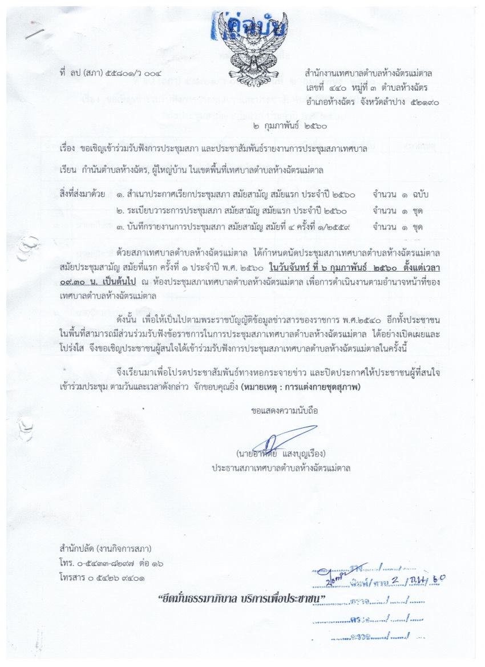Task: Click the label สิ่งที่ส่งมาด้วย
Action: click(82, 194)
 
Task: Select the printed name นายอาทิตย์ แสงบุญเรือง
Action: click(280, 455)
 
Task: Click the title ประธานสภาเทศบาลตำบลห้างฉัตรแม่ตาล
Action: click(280, 468)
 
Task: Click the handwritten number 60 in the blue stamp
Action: click(438, 579)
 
